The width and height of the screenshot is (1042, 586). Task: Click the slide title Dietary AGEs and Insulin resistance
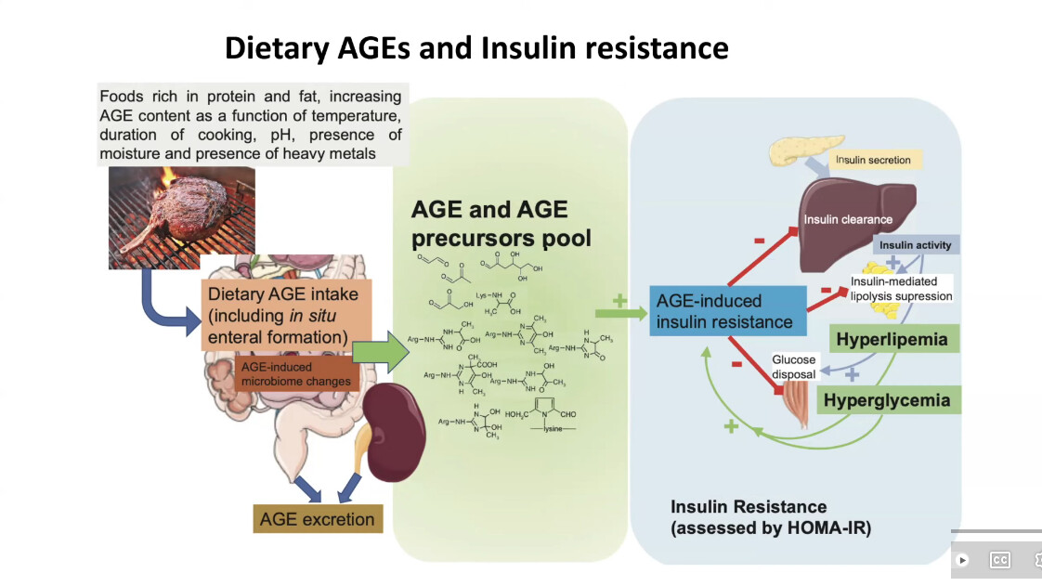pos(476,47)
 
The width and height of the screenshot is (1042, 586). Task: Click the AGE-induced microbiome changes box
pos(296,374)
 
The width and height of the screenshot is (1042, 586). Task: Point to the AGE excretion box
pos(317,519)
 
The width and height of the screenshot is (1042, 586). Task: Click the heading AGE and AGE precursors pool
pos(501,224)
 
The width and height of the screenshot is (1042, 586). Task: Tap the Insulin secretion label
pos(873,160)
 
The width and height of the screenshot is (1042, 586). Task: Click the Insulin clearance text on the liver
pos(848,220)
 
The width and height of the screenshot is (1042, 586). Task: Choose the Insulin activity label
pos(916,245)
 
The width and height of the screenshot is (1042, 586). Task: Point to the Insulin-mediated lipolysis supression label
pos(901,289)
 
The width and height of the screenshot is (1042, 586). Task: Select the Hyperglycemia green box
pos(888,400)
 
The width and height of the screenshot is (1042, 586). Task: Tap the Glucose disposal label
pos(793,367)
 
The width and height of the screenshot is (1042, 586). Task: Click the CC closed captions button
pos(999,560)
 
